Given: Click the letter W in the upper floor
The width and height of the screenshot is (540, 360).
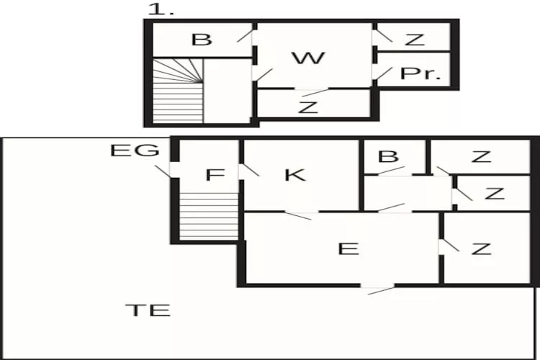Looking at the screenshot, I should pos(308,58).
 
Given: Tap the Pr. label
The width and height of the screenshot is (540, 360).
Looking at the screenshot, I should pos(420,74).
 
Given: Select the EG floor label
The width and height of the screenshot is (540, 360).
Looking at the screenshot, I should pos(134,151).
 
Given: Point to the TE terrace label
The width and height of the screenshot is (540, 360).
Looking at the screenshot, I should pos(148,311).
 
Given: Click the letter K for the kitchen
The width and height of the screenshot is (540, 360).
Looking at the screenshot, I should pos(295,175).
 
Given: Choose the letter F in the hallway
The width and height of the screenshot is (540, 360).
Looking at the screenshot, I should pos(211,175).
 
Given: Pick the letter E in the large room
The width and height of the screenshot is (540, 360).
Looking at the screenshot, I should pos(348,249).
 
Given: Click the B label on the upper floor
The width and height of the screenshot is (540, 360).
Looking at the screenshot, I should pos(202,40).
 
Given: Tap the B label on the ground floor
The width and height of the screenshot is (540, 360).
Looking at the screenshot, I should pos(388,156).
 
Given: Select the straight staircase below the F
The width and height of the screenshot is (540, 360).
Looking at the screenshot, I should pos(208,216).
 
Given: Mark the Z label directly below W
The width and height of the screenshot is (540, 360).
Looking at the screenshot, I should pos(308,108).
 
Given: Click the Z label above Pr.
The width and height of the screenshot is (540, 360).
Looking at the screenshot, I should pos(414,40).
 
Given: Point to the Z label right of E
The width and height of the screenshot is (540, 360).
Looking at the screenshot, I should pos(481,249).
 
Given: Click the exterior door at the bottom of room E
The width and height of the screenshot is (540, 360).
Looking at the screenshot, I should pos(377,289).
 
